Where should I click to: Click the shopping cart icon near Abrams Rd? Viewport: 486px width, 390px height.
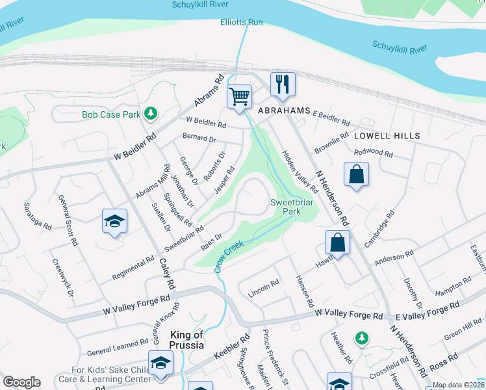tap(240, 97)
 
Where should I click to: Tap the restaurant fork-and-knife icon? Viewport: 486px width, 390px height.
tap(283, 84)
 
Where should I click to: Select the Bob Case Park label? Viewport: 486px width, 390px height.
tap(111, 115)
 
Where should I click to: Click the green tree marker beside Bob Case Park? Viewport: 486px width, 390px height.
tap(151, 114)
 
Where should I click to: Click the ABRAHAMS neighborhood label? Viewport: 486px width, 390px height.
tap(284, 111)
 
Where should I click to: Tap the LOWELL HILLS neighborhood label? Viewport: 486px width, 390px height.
tap(387, 136)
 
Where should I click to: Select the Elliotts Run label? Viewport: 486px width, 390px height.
tap(241, 22)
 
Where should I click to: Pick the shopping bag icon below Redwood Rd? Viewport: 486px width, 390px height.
tap(357, 175)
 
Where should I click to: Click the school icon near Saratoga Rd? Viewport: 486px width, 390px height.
tap(114, 222)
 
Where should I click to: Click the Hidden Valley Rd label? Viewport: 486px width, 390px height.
tap(299, 172)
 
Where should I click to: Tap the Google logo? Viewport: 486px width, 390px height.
tap(21, 382)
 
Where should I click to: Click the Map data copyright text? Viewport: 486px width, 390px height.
tap(457, 385)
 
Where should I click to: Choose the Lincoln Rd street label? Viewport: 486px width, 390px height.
tap(264, 289)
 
